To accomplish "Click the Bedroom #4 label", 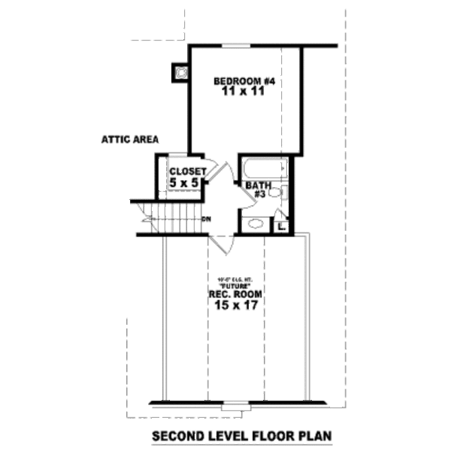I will tap(242, 80).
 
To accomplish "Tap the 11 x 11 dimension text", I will tap(242, 92).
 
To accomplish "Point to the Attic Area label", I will tap(134, 140).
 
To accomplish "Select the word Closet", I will tap(187, 171).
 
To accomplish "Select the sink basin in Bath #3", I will tap(255, 222).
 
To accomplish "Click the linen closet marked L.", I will tap(280, 224).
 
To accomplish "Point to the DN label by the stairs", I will tap(206, 219).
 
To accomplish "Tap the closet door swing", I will tap(213, 171).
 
